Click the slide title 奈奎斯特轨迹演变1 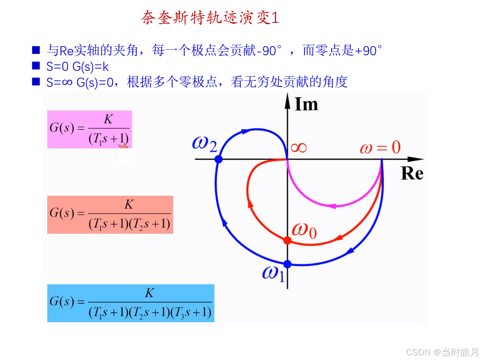coord(210,18)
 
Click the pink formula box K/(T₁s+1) coord(90,129)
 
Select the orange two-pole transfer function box coord(110,214)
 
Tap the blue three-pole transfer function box coord(131,303)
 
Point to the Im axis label coord(306,104)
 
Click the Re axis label coord(412,174)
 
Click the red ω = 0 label coord(380,147)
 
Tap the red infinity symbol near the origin coord(299,148)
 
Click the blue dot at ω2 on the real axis coord(218,159)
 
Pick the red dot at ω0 coord(287,240)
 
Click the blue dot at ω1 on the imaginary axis coord(287,264)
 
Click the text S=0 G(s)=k coord(78,66)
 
